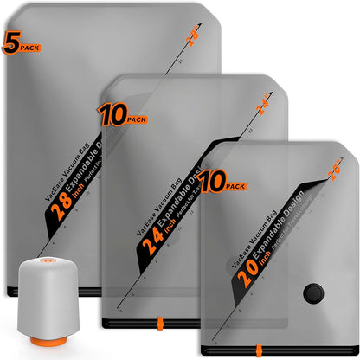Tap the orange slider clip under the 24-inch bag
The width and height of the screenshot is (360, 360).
tap(161, 350)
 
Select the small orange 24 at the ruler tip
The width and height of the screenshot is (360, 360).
tap(262, 108)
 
